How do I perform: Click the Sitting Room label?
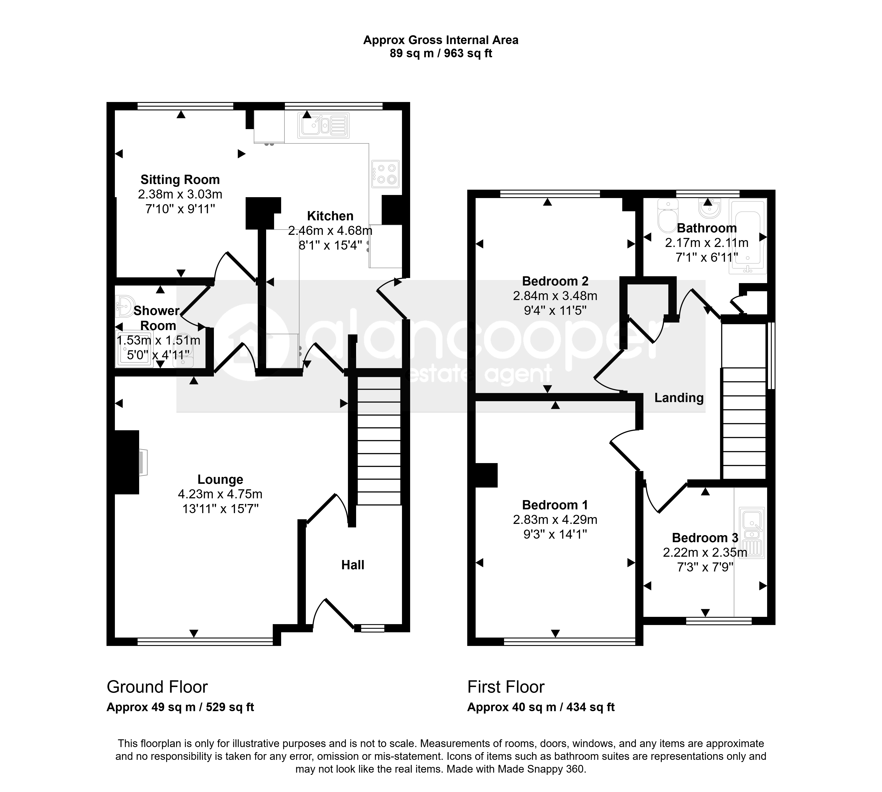(x=180, y=180)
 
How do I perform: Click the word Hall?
(x=353, y=565)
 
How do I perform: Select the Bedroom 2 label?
(x=555, y=281)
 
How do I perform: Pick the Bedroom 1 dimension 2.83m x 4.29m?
(x=555, y=519)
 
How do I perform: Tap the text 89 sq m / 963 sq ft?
(x=441, y=54)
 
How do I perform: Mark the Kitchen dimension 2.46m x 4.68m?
(x=330, y=231)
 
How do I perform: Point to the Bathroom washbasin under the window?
(x=709, y=208)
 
